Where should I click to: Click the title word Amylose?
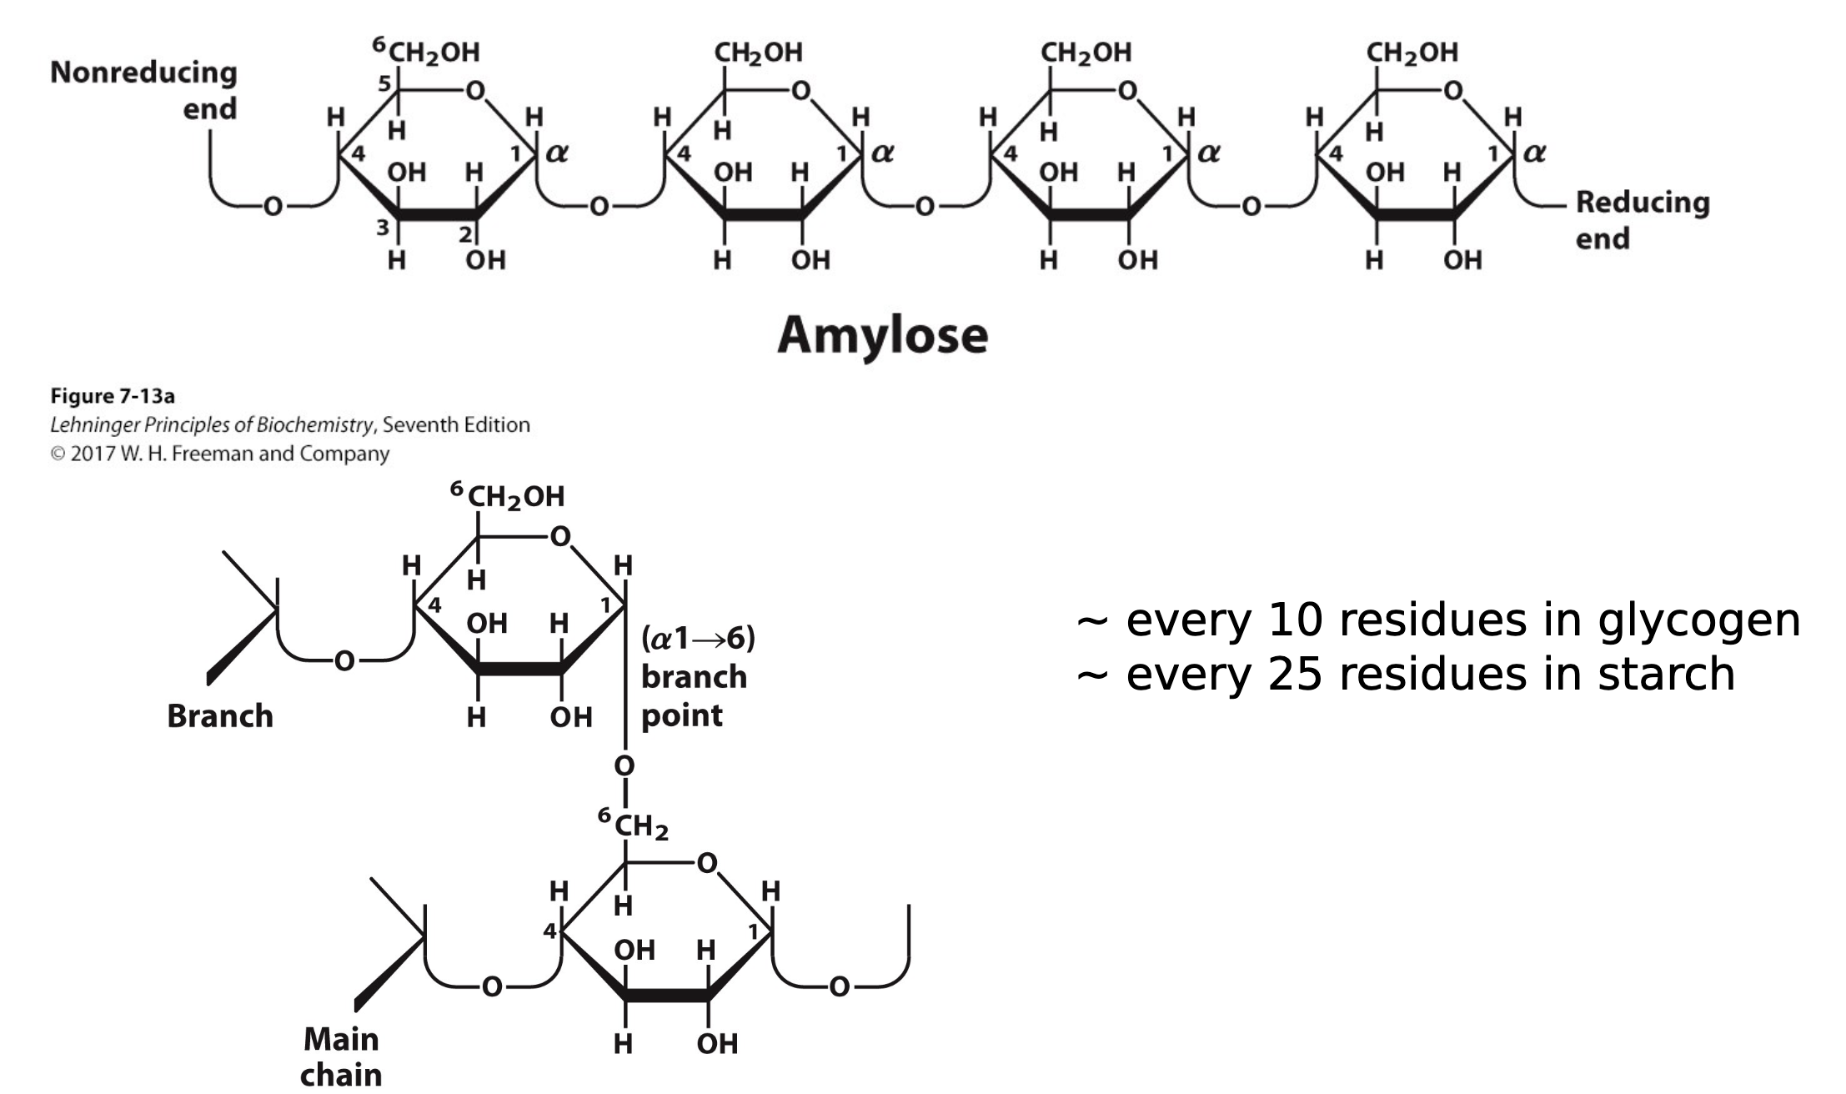(882, 336)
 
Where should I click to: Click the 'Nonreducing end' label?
(143, 90)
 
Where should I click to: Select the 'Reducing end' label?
(1642, 220)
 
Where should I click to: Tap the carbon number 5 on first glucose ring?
(384, 83)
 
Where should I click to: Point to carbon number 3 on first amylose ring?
(382, 227)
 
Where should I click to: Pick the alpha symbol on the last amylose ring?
(1533, 153)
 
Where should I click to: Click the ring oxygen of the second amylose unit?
(800, 90)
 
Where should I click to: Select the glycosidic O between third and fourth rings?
(1251, 206)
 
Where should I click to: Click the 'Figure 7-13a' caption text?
(113, 395)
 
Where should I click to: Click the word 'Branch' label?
(220, 716)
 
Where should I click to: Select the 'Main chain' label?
(341, 1056)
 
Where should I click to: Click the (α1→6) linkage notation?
(698, 639)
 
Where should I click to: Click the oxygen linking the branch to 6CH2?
(625, 765)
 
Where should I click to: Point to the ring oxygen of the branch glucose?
(560, 536)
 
